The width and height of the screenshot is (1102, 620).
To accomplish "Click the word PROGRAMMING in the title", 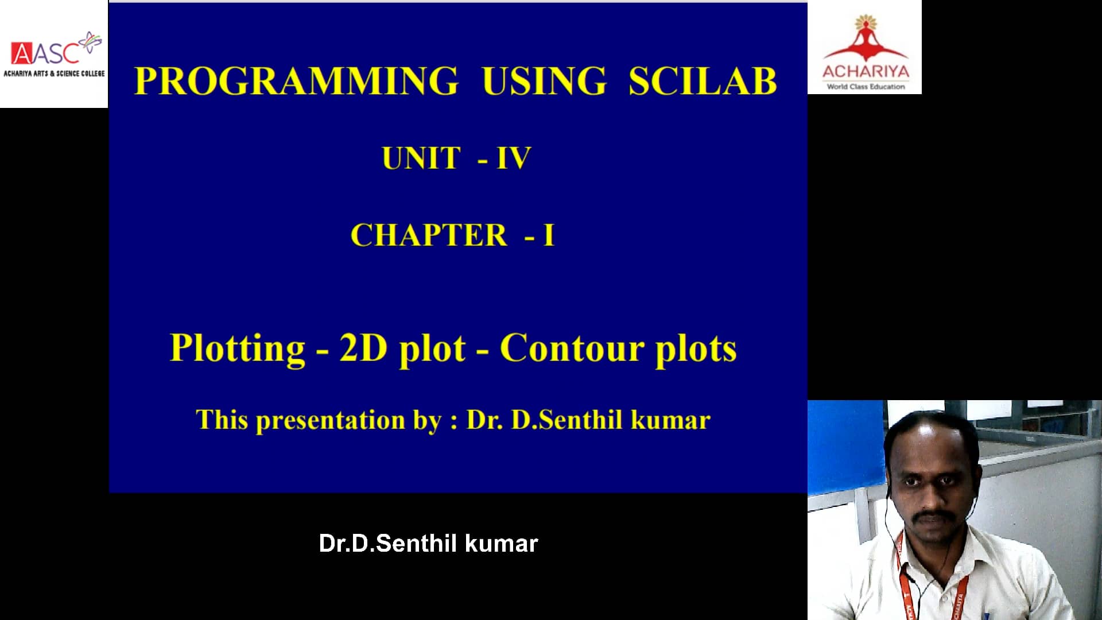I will coord(296,81).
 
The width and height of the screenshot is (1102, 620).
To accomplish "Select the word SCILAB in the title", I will coord(702,81).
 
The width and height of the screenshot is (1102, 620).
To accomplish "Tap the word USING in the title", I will coord(544,81).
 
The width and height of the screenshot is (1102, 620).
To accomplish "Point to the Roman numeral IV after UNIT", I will coord(514,158).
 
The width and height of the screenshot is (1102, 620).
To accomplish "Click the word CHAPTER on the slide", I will coord(429,235).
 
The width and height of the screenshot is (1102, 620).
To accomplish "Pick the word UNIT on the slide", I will coord(421,158).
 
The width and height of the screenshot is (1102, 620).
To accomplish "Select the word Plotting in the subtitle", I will coord(237,348).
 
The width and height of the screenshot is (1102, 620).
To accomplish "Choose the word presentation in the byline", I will coord(330,421).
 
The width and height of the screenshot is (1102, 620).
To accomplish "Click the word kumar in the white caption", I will coord(501,544).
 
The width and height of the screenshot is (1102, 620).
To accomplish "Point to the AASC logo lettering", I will coord(46,53).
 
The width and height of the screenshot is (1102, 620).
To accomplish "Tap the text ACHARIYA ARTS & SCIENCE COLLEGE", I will coord(54,73).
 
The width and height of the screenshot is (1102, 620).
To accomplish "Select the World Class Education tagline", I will coord(866,87).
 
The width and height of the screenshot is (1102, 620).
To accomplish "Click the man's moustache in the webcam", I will coord(934,516).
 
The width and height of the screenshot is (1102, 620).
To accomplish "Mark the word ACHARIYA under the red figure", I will coord(866,72).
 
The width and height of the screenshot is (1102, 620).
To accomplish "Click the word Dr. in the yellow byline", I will coord(484,420).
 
